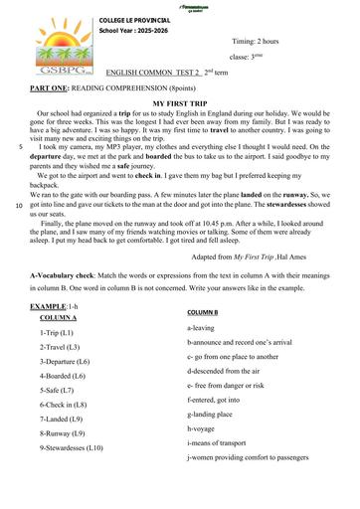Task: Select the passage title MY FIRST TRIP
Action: point(179,102)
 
